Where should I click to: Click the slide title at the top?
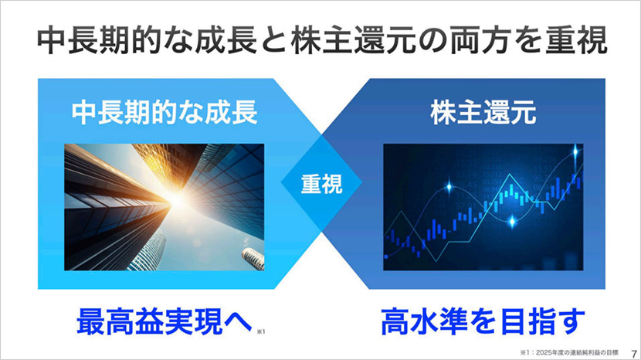click(320, 39)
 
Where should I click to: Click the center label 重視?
click(320, 185)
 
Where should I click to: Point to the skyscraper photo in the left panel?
click(164, 205)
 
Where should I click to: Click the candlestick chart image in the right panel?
click(482, 205)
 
